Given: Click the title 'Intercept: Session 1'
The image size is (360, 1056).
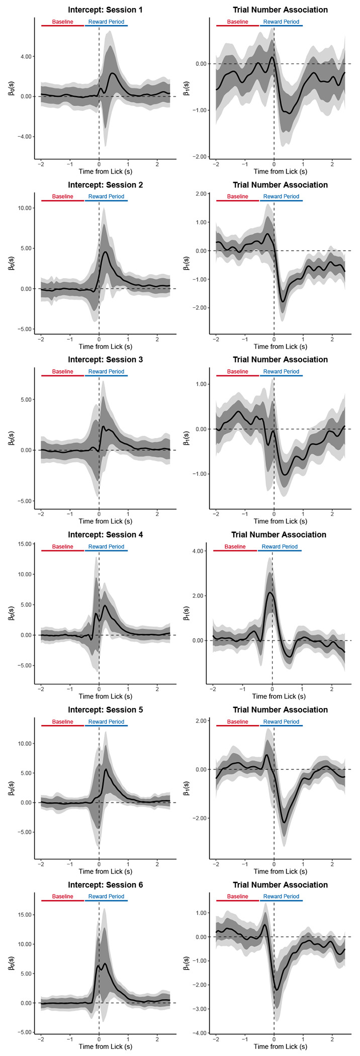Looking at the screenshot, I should click(105, 10).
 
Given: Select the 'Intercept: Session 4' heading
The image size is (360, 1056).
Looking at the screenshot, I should click(105, 535).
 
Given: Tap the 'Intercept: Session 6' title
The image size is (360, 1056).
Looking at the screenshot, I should click(105, 885).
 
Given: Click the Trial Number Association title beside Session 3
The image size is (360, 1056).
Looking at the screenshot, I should click(280, 360).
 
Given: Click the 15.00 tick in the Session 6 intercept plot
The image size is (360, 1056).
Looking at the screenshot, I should click(23, 915).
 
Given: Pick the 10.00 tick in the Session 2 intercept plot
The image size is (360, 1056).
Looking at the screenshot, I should click(23, 208).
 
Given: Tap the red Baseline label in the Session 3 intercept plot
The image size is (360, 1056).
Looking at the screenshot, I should click(62, 372).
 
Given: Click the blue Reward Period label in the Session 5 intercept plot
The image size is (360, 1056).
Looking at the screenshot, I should click(106, 722).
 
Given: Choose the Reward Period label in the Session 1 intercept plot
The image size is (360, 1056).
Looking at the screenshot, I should click(106, 22).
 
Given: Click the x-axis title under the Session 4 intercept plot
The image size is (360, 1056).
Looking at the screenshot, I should click(105, 696).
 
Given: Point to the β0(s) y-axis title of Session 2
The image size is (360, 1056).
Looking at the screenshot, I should click(11, 263).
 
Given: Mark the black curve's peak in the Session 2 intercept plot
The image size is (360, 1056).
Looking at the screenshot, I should click(105, 251).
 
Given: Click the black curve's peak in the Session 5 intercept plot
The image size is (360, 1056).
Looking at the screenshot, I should click(106, 769).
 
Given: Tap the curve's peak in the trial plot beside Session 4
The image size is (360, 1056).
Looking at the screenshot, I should click(270, 592).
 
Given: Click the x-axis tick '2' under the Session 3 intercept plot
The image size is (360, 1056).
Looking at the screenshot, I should click(157, 514).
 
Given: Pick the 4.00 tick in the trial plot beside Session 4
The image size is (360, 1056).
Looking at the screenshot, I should click(197, 551).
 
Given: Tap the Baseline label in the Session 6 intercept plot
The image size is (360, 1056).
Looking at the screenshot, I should click(62, 896).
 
